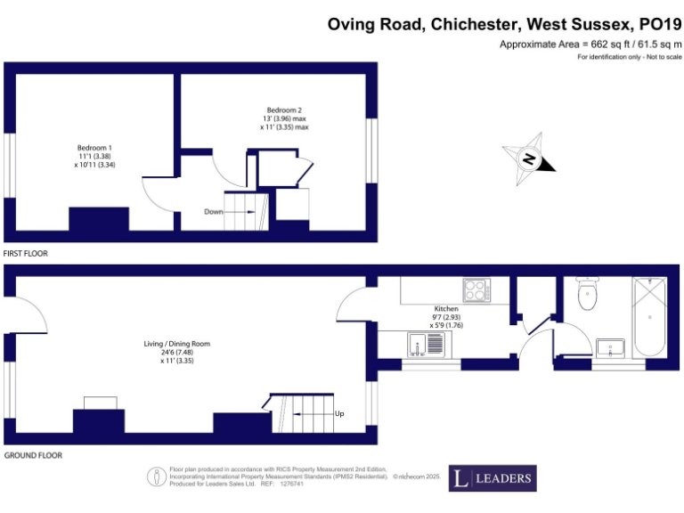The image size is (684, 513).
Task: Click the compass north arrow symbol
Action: pyautogui.click(x=532, y=159)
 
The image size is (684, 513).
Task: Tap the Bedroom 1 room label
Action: pyautogui.click(x=94, y=147)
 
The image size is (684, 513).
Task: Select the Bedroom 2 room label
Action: pyautogui.click(x=278, y=110)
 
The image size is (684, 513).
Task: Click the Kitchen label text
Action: pyautogui.click(x=445, y=309)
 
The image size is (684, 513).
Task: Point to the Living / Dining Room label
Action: pyautogui.click(x=177, y=344)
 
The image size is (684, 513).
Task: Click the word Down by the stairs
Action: pyautogui.click(x=213, y=212)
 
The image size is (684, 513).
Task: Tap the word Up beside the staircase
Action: pyautogui.click(x=339, y=414)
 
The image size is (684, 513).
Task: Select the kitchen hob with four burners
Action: pyautogui.click(x=476, y=290)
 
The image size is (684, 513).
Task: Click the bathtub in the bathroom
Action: pyautogui.click(x=650, y=315)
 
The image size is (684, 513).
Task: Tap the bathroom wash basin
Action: pyautogui.click(x=611, y=347)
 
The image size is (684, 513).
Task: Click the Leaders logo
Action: pyautogui.click(x=492, y=478)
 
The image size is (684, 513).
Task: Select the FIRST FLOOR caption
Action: pyautogui.click(x=26, y=254)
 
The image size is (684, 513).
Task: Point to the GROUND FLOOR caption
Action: pyautogui.click(x=32, y=455)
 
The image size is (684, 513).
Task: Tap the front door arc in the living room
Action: pyautogui.click(x=29, y=314)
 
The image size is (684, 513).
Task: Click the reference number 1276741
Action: pyautogui.click(x=291, y=484)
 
